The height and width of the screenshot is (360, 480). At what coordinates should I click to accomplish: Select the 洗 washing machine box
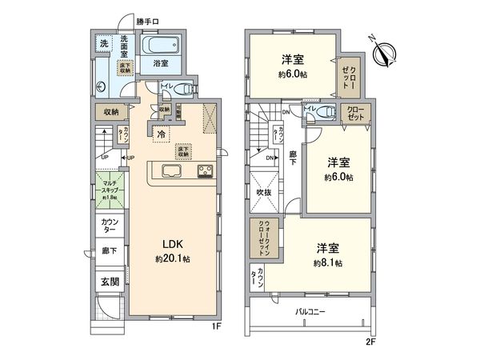coord(103,45)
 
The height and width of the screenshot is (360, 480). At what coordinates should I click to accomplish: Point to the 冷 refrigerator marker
coord(161,134)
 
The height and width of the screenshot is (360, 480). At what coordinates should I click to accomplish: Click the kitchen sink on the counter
coord(172,170)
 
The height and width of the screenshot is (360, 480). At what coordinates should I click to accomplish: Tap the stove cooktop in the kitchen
coord(205,170)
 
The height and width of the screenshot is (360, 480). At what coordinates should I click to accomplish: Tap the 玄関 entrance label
coord(108,282)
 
